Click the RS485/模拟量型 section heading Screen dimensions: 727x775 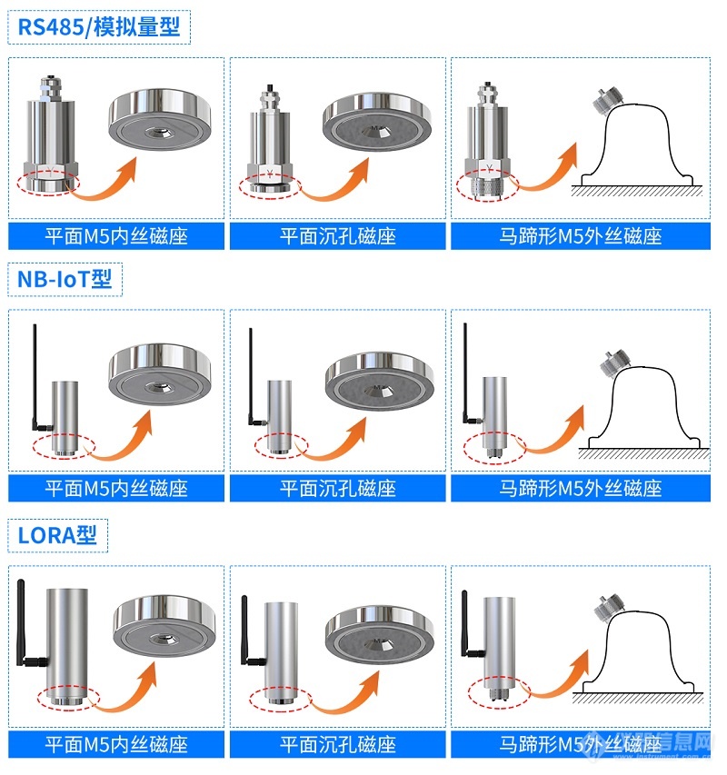pos(99,26)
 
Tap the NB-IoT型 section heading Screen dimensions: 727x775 pos(65,279)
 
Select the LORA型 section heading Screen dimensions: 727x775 pos(57,535)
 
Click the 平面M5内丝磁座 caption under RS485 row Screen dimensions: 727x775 pos(116,236)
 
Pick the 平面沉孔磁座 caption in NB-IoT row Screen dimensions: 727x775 pos(337,489)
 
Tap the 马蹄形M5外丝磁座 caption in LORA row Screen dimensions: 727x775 pos(580,744)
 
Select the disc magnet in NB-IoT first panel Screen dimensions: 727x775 pos(160,374)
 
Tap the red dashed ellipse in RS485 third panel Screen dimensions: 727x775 pos(487,187)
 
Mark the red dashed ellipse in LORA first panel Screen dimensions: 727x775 pos(69,698)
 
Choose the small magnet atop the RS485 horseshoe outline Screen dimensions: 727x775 pos(606,101)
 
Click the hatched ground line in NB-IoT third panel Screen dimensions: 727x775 pos(644,453)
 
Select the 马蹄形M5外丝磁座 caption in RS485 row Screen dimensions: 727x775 pos(580,236)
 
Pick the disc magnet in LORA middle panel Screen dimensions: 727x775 pos(380,636)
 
